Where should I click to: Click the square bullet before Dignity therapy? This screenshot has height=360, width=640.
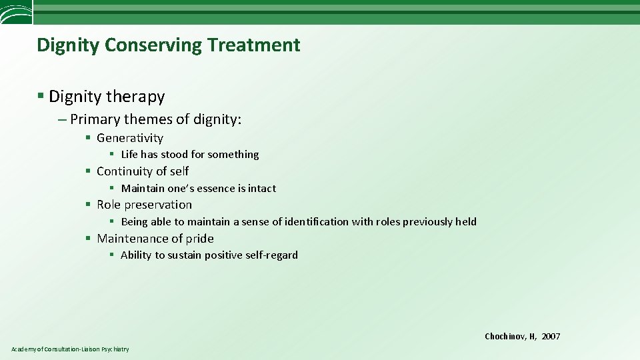(41, 97)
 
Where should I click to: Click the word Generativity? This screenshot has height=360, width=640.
(130, 138)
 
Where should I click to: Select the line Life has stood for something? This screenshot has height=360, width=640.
(189, 155)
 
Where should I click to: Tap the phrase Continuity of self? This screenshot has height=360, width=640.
(143, 171)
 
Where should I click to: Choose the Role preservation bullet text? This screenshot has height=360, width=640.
(144, 205)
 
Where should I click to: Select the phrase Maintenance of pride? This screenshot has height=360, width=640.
(155, 239)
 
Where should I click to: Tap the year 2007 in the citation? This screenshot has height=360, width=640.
(551, 337)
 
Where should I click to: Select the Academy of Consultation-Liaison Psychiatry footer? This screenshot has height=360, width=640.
(70, 349)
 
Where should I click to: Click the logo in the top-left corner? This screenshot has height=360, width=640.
(15, 13)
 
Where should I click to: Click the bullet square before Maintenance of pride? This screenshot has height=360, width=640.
(88, 239)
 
